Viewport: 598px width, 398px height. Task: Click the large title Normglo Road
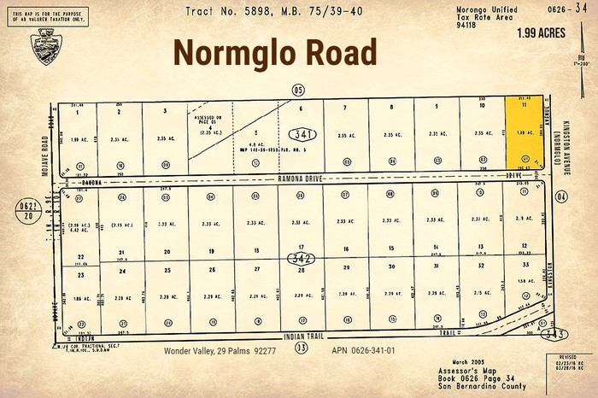[x=275, y=53]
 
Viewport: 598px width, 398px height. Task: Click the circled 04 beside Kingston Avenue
[x=562, y=196]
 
